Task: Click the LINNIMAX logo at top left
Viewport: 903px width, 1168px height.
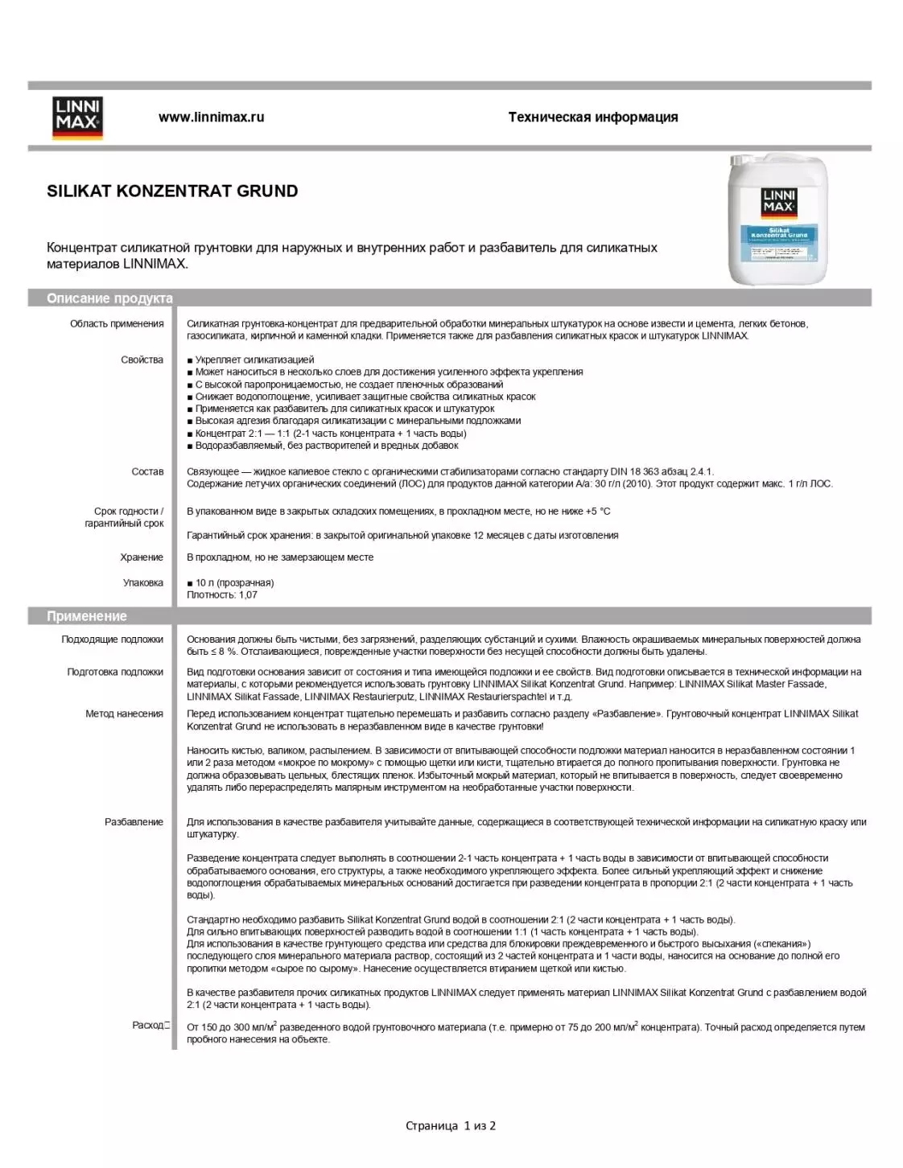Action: click(78, 117)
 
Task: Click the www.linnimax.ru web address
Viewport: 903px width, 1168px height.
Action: click(211, 117)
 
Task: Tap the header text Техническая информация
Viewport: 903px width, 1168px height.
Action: click(592, 117)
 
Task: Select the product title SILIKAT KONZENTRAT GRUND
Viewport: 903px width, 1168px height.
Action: click(172, 191)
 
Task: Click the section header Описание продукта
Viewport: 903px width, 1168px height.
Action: click(109, 298)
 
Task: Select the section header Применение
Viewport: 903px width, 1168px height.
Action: click(87, 616)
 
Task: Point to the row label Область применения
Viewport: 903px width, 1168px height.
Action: click(117, 324)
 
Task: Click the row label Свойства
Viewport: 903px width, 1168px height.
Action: click(142, 360)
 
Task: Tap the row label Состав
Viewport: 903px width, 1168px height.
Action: click(147, 471)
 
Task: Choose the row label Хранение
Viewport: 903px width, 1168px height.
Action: click(142, 557)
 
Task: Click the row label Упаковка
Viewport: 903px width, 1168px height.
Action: click(143, 582)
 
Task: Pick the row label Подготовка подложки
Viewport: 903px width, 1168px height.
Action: click(115, 672)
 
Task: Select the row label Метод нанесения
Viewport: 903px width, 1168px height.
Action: click(124, 714)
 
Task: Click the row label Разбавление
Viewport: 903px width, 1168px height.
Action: click(134, 822)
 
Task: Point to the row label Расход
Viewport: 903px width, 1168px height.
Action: click(148, 1026)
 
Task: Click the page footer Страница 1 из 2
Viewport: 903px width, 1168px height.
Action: click(451, 1126)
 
